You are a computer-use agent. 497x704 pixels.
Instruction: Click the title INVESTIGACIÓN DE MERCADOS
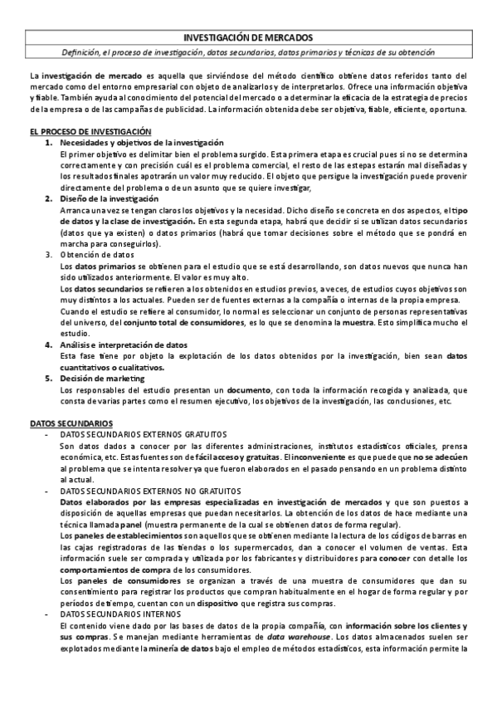click(x=247, y=37)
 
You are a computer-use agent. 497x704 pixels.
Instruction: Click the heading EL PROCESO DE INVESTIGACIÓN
click(x=90, y=131)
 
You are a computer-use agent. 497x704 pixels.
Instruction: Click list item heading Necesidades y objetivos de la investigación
click(x=136, y=143)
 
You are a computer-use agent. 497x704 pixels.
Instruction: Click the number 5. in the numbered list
click(x=50, y=377)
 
